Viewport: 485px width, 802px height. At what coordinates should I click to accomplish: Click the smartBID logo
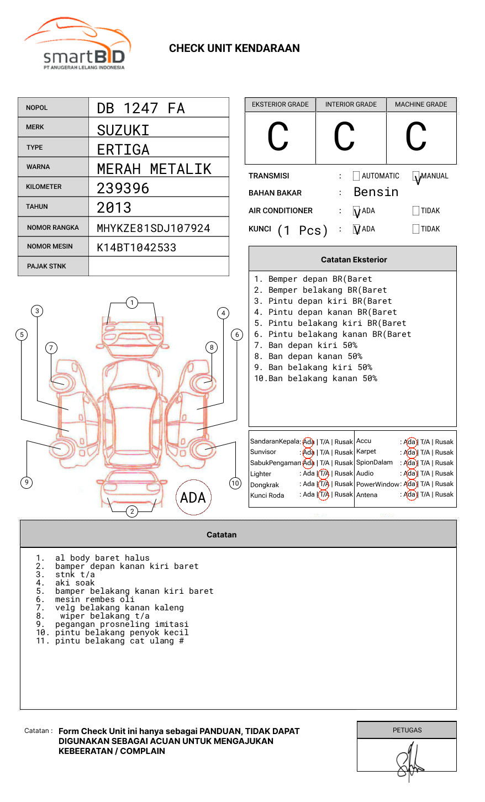click(77, 44)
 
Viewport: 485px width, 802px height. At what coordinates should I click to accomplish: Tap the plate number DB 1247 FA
click(141, 108)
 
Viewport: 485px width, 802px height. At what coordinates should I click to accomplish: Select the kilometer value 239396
click(123, 188)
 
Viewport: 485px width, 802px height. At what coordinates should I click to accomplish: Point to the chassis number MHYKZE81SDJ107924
click(154, 228)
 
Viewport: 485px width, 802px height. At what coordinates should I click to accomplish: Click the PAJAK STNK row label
click(46, 266)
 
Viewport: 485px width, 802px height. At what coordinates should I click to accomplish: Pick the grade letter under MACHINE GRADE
click(416, 138)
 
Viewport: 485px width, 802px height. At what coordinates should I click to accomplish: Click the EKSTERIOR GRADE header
click(280, 104)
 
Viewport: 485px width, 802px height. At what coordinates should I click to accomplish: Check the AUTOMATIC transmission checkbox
click(356, 176)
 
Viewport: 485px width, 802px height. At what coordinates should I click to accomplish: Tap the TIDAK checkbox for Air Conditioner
click(416, 211)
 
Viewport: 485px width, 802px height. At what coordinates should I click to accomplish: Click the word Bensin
click(376, 192)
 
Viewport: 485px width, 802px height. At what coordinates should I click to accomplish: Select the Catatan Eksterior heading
click(354, 260)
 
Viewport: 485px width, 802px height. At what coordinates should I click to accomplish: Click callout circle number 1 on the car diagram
click(131, 303)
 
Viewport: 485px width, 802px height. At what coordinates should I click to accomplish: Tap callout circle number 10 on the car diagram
click(235, 483)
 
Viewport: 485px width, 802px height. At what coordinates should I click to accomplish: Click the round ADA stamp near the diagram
click(193, 498)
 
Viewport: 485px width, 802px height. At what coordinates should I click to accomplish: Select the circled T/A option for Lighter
click(324, 473)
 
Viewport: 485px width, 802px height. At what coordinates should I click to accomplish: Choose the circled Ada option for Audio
click(410, 473)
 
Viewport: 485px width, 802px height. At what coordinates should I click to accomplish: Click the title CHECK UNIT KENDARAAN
click(234, 49)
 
